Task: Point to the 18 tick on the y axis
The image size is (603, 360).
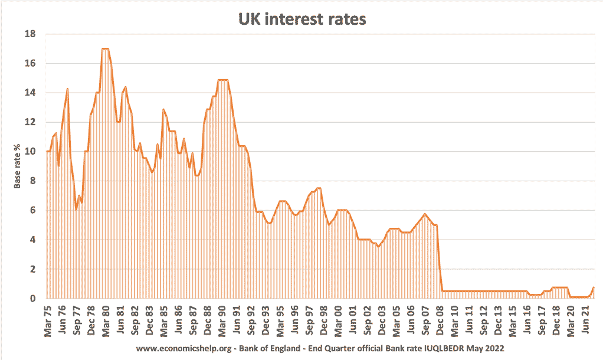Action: point(30,34)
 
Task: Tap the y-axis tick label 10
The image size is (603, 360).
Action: point(30,152)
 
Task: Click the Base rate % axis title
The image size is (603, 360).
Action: point(17,166)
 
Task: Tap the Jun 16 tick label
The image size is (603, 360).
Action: point(527,320)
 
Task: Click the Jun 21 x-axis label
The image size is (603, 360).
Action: point(585,320)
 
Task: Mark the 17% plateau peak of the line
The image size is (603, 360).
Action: point(106,48)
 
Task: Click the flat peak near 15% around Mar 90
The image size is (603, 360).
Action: point(222,80)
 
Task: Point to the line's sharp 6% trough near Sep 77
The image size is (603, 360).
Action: point(76,210)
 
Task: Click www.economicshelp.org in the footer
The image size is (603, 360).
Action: point(184,348)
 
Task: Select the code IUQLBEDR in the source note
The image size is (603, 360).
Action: point(444,348)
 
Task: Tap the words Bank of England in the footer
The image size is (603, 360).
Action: point(270,348)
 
